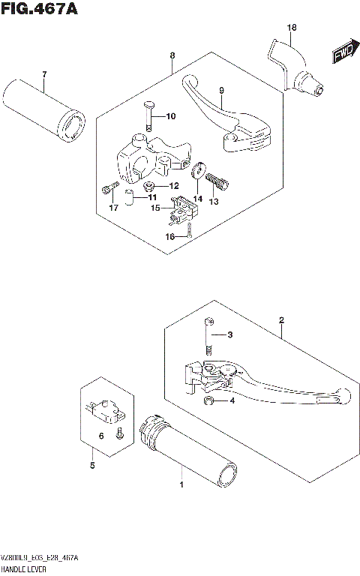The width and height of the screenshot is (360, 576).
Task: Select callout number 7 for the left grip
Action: click(x=44, y=74)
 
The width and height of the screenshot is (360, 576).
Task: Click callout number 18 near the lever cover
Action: click(x=292, y=28)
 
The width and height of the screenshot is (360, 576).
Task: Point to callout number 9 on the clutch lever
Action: click(x=221, y=91)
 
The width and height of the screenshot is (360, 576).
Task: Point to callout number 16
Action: click(x=169, y=235)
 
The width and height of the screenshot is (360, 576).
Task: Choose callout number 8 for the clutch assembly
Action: click(x=172, y=55)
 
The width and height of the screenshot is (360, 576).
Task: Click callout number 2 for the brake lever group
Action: click(x=280, y=320)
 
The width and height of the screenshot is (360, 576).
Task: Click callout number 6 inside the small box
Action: click(x=101, y=436)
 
